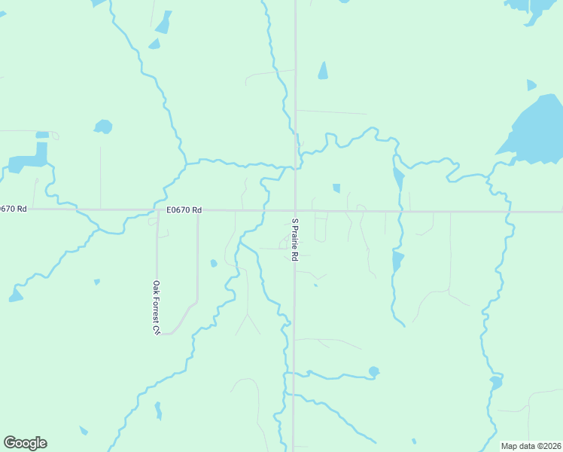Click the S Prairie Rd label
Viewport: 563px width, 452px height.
[x=295, y=240]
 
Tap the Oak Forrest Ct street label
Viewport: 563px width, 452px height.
[x=157, y=307]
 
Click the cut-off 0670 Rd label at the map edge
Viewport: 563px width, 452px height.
[x=14, y=209]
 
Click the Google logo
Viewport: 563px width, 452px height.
[x=25, y=443]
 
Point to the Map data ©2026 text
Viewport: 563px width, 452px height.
[x=531, y=446]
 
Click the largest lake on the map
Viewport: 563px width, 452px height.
[x=537, y=130]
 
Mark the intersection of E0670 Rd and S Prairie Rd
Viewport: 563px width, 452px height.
[x=294, y=211]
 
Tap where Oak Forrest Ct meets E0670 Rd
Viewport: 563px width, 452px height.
[x=157, y=211]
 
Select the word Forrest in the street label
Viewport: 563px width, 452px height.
[x=157, y=310]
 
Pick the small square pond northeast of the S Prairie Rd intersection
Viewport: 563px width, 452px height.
[x=336, y=188]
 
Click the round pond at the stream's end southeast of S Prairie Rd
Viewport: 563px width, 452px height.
[x=374, y=371]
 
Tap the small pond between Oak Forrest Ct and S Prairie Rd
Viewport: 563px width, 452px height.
[x=214, y=263]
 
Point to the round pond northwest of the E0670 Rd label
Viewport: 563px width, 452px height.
[x=103, y=127]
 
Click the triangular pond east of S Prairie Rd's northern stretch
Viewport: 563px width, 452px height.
[x=323, y=71]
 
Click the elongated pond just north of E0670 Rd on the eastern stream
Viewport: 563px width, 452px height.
[x=398, y=179]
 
